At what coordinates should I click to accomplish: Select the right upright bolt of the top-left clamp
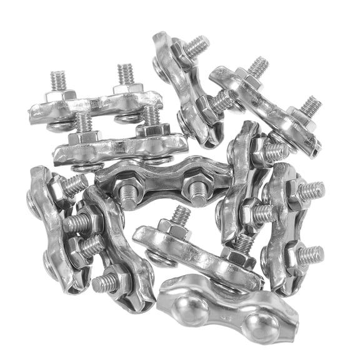125,74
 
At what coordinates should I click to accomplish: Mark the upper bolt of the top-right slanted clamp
256,67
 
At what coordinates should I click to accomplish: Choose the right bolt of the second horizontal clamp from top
150,115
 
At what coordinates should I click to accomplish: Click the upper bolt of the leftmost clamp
74,185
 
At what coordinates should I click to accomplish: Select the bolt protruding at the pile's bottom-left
105,283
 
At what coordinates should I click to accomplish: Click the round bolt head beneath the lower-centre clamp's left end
156,256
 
